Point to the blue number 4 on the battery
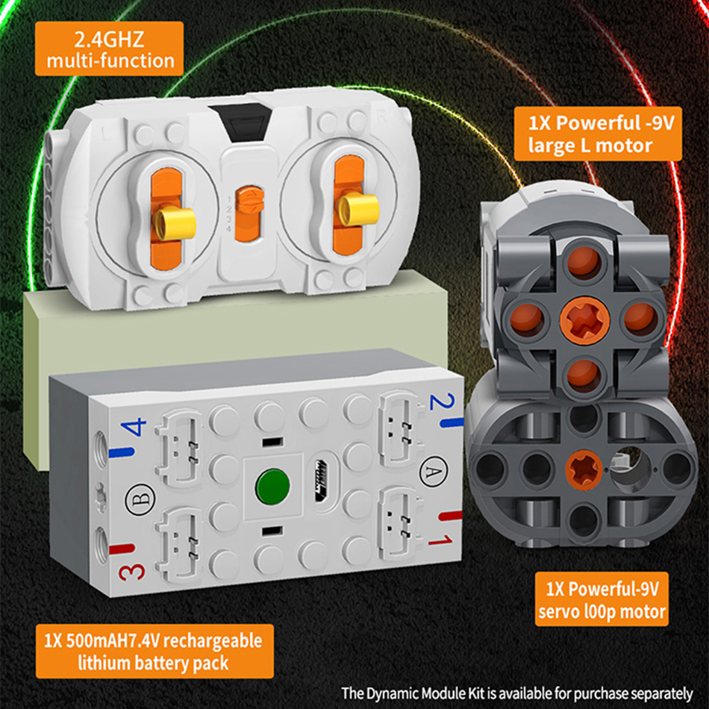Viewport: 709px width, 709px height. coord(137,428)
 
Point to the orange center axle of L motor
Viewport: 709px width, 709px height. coord(584,319)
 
